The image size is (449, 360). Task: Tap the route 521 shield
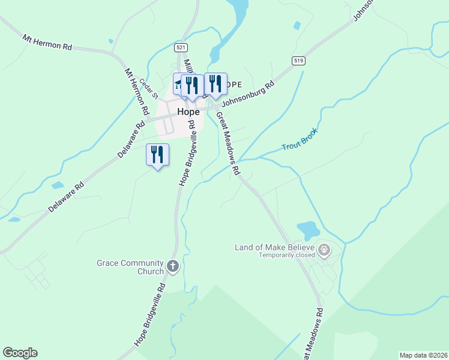pos(181,47)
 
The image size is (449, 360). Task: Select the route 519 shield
pos(298,61)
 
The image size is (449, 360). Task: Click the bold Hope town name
pos(188,112)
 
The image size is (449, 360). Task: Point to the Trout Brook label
pos(299,139)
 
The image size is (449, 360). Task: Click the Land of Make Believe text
pos(275,247)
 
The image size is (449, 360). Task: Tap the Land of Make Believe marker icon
pos(325,249)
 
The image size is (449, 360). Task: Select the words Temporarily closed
pos(287,255)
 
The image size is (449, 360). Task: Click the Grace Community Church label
pos(130,267)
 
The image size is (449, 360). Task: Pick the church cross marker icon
pos(173,266)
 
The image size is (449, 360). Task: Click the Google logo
pos(20,353)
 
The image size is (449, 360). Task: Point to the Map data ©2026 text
pos(423,355)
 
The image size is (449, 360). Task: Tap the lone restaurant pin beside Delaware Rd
pos(157,155)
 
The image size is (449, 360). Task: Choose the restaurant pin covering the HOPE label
pos(215,83)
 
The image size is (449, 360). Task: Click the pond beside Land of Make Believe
pos(308,229)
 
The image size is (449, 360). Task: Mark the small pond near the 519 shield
pos(297,25)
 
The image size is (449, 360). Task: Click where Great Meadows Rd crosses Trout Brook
pos(238,161)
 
